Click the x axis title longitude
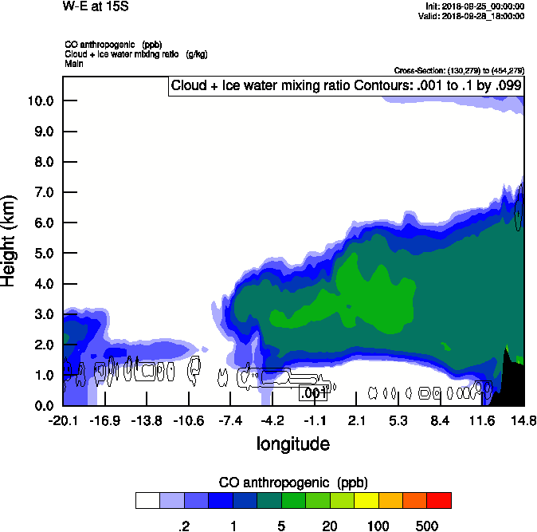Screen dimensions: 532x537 click(x=292, y=443)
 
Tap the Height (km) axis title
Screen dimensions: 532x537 click(x=10, y=239)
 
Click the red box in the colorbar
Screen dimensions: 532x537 click(x=439, y=500)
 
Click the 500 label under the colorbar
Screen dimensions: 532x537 click(x=427, y=525)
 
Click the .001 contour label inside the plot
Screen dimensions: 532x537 click(x=313, y=392)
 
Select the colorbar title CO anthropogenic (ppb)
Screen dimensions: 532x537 click(x=292, y=483)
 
